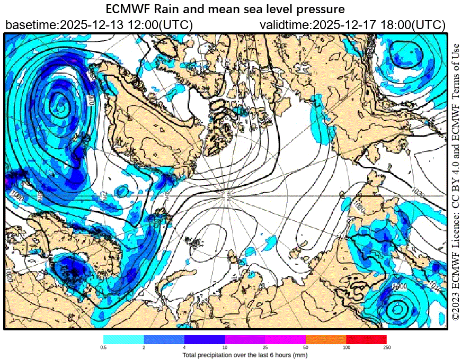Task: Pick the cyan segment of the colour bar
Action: click(x=123, y=339)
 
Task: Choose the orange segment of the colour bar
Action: click(x=326, y=339)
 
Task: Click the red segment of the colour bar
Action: click(x=366, y=339)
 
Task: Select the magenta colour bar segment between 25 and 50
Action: click(x=285, y=339)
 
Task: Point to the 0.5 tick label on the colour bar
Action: click(x=104, y=347)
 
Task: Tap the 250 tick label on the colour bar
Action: click(x=386, y=347)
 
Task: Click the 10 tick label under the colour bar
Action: click(x=225, y=347)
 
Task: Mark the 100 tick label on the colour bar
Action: click(x=346, y=347)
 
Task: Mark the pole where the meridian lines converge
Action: click(x=228, y=196)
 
